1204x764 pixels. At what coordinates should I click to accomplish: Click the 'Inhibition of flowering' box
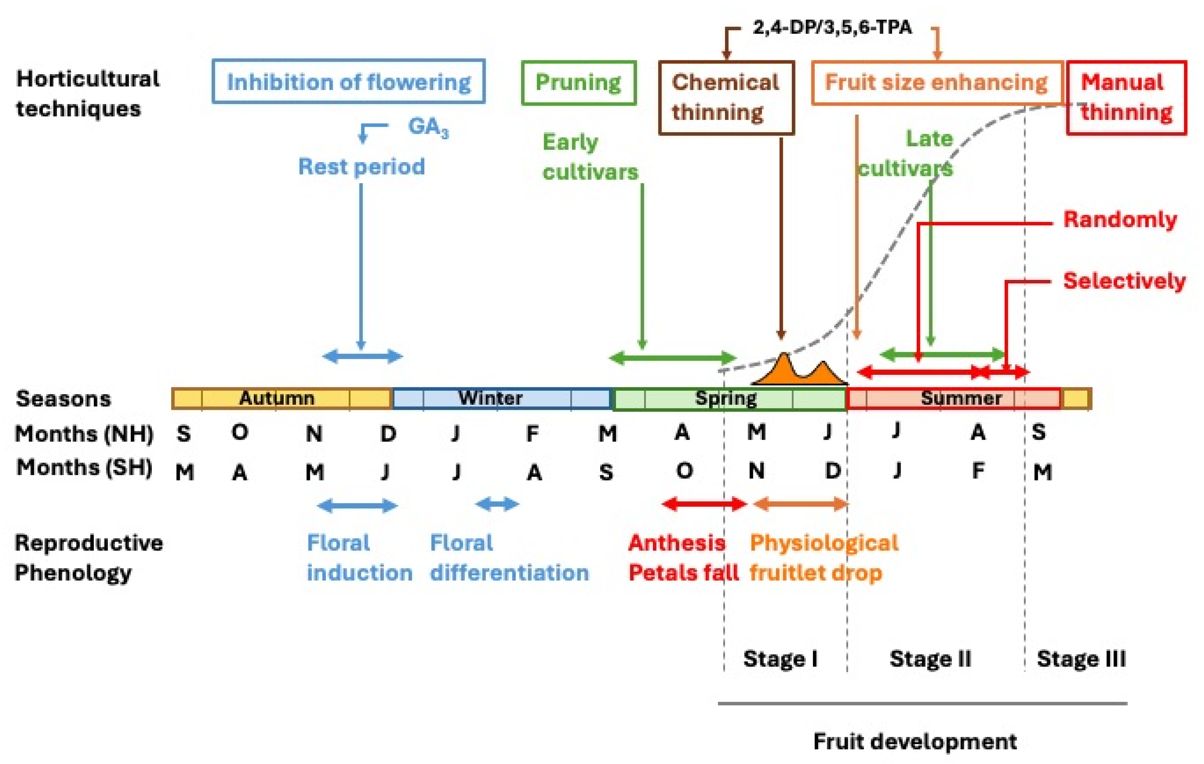pos(349,82)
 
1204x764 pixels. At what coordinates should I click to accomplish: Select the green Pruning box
pos(578,82)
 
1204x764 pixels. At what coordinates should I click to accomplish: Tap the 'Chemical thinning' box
pos(726,97)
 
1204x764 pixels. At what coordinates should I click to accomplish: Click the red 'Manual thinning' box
pos(1126,97)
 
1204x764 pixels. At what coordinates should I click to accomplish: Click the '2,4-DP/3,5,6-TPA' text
pos(832,27)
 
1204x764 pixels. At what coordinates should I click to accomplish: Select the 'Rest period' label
pos(362,167)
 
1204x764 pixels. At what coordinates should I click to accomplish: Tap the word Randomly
pos(1120,219)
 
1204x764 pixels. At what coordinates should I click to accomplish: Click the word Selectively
pos(1124,281)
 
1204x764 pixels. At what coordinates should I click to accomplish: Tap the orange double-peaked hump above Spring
pos(799,373)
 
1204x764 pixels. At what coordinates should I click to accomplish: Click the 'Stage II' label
pos(930,659)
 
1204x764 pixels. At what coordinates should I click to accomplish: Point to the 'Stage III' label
pos(1081,659)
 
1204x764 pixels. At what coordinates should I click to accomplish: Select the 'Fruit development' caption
pos(915,741)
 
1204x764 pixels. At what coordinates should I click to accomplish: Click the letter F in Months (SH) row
pos(978,470)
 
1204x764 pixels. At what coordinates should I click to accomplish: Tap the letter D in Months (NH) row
pos(389,434)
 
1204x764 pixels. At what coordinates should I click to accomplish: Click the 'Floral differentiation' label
pos(509,558)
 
